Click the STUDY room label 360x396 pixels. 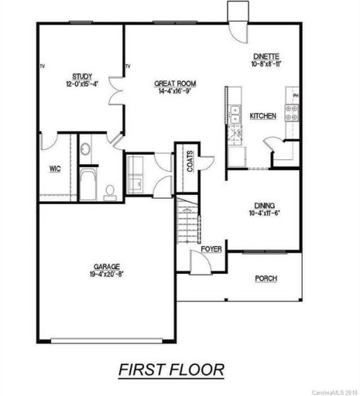tap(83, 76)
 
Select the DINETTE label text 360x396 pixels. tap(266, 56)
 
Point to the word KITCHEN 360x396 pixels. tap(262, 116)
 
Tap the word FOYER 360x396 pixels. tap(211, 250)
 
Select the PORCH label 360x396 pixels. tap(266, 278)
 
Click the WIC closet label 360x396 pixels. tap(55, 167)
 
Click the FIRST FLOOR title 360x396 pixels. tap(171, 370)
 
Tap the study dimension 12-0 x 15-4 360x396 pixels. tap(83, 84)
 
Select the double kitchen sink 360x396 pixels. tap(231, 114)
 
